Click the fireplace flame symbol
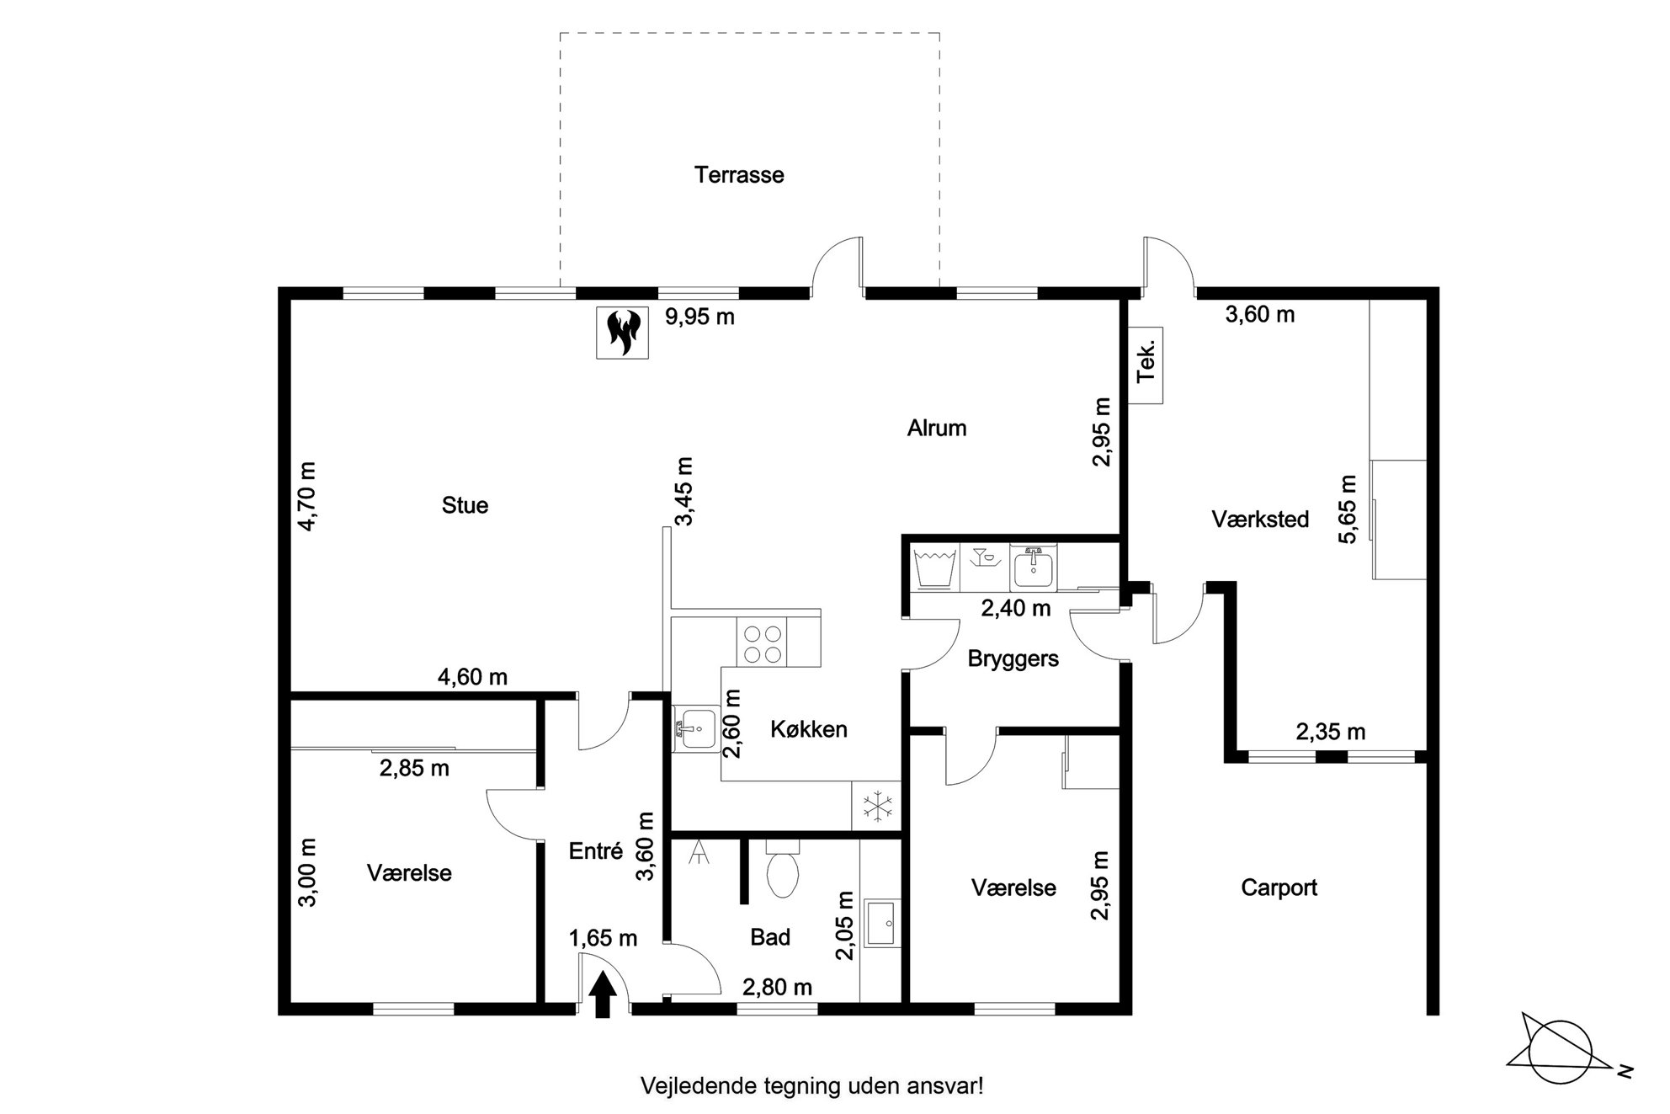[x=623, y=332]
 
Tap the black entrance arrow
[x=603, y=994]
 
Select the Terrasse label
[x=739, y=175]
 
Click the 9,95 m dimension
[x=699, y=317]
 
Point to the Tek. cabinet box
[x=1146, y=365]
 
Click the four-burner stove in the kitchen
[x=762, y=642]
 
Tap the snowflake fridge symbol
[x=876, y=806]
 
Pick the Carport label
[x=1279, y=887]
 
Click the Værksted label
[x=1260, y=520]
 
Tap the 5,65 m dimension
[x=1348, y=509]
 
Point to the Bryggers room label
[x=1013, y=658]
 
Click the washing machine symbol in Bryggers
[x=935, y=567]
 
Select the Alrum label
[x=937, y=429]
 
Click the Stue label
[x=465, y=505]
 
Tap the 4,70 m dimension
[x=307, y=496]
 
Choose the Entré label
[x=596, y=851]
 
